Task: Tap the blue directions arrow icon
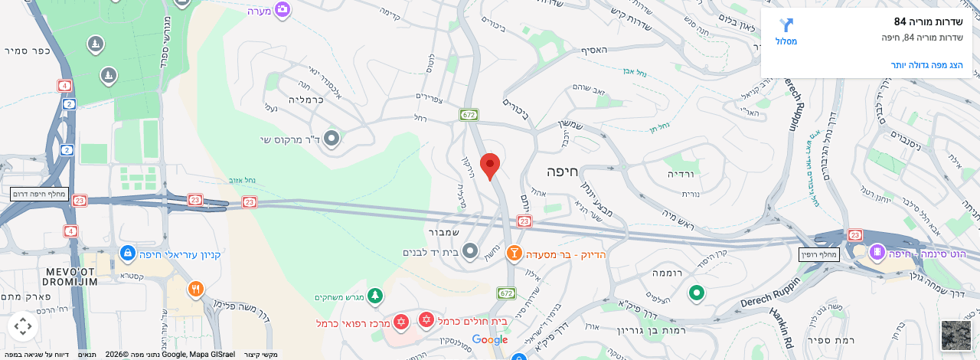pos(786,25)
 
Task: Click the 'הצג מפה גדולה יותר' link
pos(926,65)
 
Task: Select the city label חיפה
pos(561,171)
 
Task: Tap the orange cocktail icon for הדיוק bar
pos(514,253)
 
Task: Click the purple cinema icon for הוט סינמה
pos(877,251)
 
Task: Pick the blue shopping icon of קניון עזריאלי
pos(128,253)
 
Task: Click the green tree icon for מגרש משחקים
pos(374,296)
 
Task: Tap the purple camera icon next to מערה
pos(283,9)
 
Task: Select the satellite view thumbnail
pos(956,335)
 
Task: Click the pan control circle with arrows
pos(23,326)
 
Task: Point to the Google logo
pos(490,339)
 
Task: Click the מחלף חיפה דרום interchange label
pos(40,194)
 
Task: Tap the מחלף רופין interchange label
pos(818,254)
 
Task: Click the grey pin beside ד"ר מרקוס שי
pos(332,139)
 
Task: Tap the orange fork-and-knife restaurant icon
pos(196,289)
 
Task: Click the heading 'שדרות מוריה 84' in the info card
pos(928,21)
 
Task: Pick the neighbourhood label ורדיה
pos(680,174)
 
